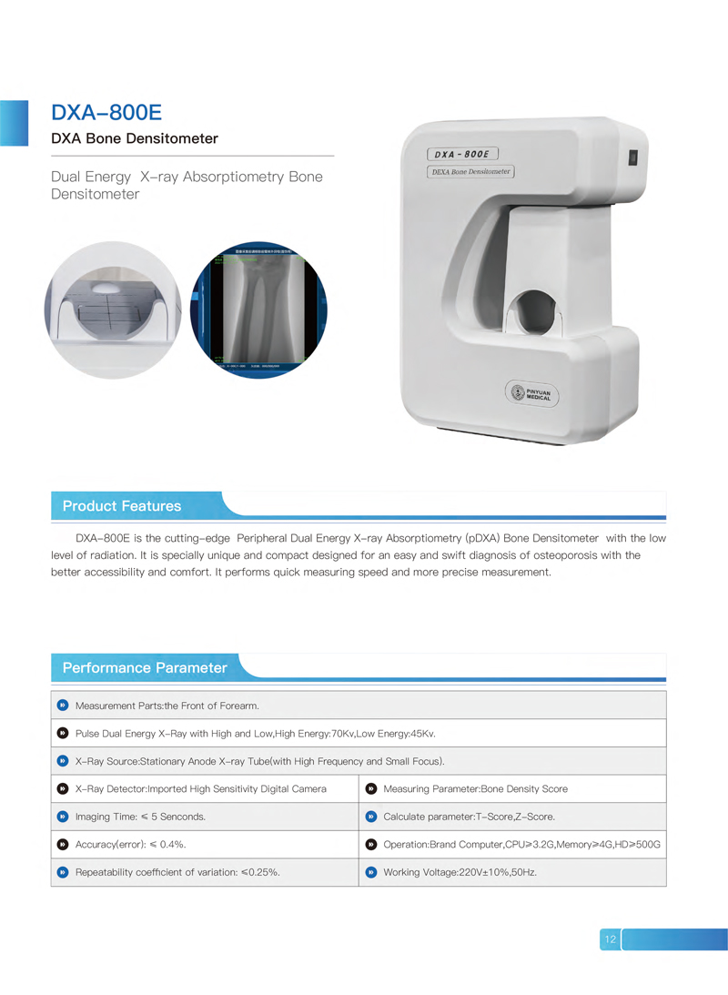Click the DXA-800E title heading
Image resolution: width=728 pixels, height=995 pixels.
coord(106,112)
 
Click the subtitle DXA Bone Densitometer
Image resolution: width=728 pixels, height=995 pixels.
coord(134,139)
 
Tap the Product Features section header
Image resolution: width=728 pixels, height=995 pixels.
coord(122,506)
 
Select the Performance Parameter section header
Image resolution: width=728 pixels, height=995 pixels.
coord(145,668)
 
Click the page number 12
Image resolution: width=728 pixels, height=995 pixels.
coord(610,939)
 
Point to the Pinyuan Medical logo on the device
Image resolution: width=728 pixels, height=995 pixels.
coord(533,393)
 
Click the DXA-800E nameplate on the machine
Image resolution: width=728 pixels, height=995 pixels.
coord(464,154)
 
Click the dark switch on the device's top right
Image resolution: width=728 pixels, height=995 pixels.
coord(632,157)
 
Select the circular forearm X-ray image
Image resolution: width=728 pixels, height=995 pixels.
coord(258,310)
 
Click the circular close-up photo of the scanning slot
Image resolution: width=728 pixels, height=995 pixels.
coord(113,310)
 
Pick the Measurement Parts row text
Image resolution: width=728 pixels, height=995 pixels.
coord(167,706)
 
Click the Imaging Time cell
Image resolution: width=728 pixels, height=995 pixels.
coord(140,817)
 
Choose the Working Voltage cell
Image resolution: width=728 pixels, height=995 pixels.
coord(460,872)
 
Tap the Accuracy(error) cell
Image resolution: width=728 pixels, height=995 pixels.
coord(131,845)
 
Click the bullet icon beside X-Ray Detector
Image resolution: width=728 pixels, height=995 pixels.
coord(62,788)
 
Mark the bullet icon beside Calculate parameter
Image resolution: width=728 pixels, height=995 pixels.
coord(370,817)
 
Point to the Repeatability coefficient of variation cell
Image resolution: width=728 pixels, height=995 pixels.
coord(177,872)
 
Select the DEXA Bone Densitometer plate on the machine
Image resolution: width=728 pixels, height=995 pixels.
coord(470,171)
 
